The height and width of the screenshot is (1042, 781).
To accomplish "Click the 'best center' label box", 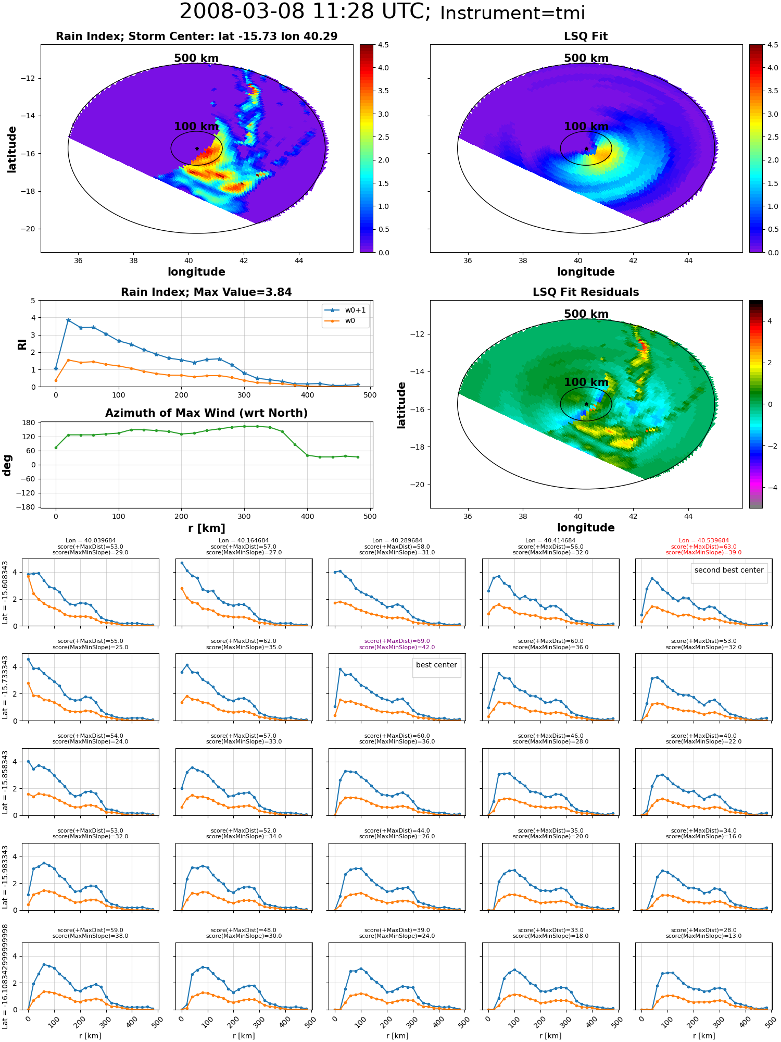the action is pos(436,665).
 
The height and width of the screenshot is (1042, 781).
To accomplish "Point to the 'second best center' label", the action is pos(729,570).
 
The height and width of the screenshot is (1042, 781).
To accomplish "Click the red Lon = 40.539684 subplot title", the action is pos(703,541).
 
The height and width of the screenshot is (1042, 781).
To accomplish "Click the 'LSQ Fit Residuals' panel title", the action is pos(586,292).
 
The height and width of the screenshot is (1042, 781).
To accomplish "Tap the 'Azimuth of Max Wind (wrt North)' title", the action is pos(206,413).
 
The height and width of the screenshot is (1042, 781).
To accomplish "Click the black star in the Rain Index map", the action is pos(197,148).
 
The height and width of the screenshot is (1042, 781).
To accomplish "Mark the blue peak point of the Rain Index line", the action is pos(68,320).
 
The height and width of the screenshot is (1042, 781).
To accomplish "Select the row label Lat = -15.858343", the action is pos(5,782).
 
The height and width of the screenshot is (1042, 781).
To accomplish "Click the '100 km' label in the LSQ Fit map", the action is pos(586,127).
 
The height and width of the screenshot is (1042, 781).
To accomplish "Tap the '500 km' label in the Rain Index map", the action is pos(196,58).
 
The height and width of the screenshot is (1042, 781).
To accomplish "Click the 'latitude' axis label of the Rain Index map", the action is pos(11,150).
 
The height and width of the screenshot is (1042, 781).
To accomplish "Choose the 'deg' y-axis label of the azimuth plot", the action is pos(7,465).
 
